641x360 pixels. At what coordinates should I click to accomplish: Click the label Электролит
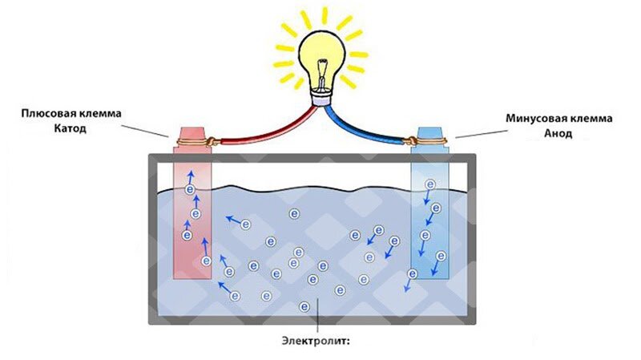316,339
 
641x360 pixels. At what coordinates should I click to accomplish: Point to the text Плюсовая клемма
71,113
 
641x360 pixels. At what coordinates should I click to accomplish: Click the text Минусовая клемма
558,119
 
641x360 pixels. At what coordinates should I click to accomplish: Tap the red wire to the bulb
256,130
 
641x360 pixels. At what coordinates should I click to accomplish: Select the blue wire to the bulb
377,131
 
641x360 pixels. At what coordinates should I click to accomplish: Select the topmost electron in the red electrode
191,189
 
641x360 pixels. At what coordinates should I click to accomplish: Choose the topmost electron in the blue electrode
430,184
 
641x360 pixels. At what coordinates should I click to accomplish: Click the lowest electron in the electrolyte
304,307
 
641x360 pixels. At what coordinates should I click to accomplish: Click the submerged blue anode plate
431,241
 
